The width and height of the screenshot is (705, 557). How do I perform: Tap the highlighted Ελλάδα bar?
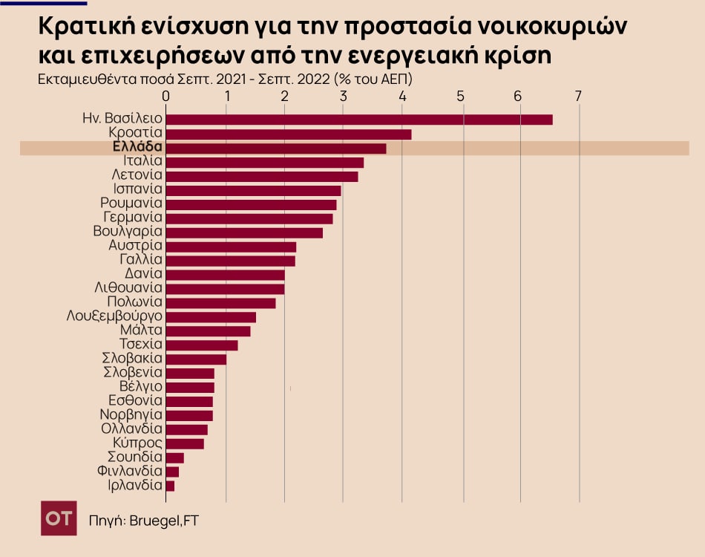coord(275,148)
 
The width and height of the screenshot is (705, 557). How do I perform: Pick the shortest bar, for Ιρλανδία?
coord(170,486)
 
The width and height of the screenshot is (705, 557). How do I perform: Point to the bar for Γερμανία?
coord(249,218)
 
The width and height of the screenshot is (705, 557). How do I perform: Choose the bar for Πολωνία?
coord(220,303)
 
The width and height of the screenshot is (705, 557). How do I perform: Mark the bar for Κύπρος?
coord(184,443)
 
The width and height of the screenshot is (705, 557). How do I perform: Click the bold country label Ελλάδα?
coord(133,147)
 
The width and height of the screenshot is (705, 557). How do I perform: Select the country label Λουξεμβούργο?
coord(114,316)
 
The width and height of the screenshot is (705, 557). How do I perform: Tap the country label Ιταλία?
coord(142,161)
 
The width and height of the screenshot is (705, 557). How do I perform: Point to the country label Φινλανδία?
coord(130,471)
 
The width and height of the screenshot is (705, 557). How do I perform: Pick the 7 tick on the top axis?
coord(578,96)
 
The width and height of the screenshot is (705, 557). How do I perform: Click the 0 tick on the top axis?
coord(165,96)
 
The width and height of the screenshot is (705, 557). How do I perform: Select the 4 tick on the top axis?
coord(401,96)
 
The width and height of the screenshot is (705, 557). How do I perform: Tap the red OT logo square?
coord(59,518)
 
